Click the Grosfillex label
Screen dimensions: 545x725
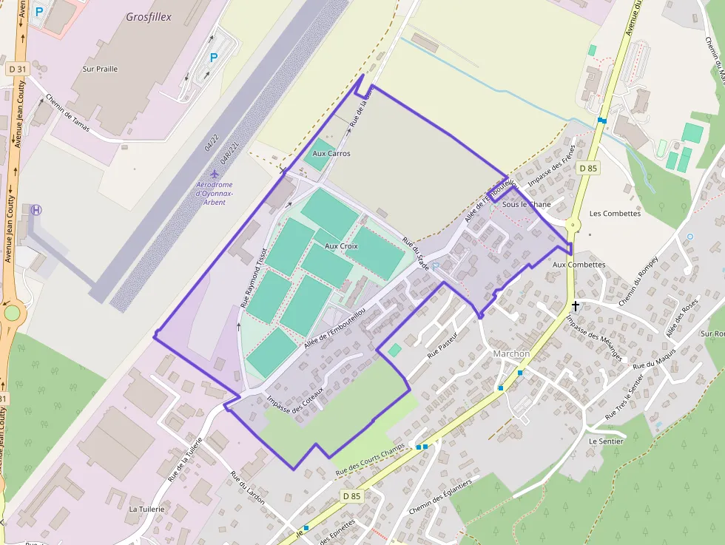coord(149,16)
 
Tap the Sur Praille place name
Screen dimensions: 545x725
coord(100,69)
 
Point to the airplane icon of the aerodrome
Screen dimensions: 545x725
coord(215,174)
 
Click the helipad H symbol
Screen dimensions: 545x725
coord(36,209)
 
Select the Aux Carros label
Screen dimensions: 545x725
coord(331,154)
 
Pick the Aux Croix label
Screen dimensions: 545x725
coord(341,246)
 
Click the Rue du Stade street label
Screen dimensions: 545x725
coord(416,253)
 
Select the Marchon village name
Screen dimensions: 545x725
coord(511,353)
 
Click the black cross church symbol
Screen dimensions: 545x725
coord(575,305)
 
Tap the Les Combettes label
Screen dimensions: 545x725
coord(615,214)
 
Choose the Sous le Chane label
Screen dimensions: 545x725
coord(526,205)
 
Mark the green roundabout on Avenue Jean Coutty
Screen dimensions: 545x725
coord(12,313)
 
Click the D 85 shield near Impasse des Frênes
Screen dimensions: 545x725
coord(587,169)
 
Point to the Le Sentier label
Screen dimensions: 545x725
coord(606,441)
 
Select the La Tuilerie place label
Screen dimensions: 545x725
coord(146,510)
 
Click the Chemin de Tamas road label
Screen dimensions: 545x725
coord(67,109)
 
